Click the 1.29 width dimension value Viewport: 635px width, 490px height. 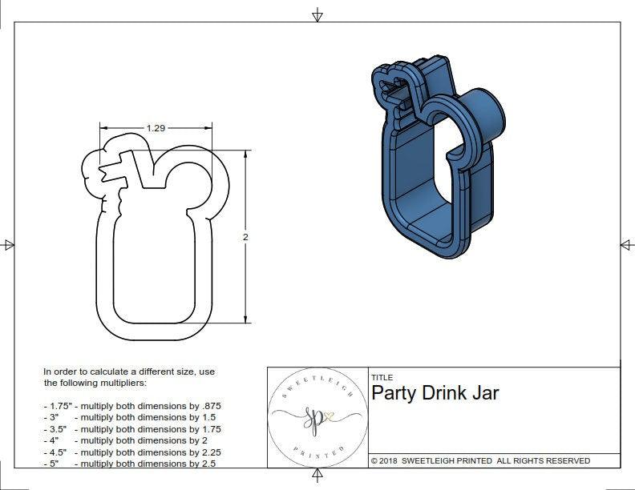156,127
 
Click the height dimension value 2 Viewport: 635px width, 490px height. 245,237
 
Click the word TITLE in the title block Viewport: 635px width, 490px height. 382,377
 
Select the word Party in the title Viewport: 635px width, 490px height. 394,393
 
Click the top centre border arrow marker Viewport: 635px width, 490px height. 317,14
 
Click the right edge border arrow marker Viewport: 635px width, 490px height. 625,245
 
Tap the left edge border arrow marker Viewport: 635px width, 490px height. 8,245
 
